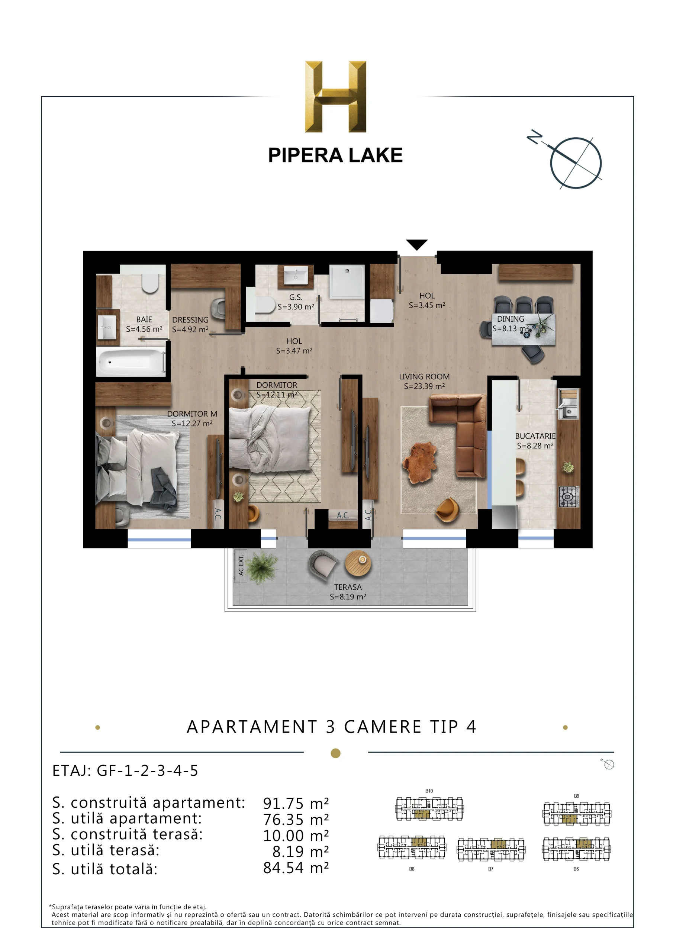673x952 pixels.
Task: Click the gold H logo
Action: pyautogui.click(x=335, y=97)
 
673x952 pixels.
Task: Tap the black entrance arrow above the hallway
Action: pyautogui.click(x=417, y=245)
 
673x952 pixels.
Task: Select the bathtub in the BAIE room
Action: pyautogui.click(x=131, y=362)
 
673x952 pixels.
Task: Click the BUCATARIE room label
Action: pyautogui.click(x=535, y=436)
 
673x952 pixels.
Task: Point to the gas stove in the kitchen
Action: pyautogui.click(x=569, y=496)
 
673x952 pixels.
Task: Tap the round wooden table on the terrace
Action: pyautogui.click(x=358, y=563)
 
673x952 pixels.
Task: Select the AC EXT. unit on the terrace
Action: pyautogui.click(x=241, y=566)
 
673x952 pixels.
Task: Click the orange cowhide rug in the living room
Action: pyautogui.click(x=419, y=462)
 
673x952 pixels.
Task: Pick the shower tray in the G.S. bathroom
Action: pyautogui.click(x=347, y=281)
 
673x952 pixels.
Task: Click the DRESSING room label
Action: pyautogui.click(x=190, y=320)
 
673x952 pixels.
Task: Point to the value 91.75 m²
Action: pyautogui.click(x=296, y=804)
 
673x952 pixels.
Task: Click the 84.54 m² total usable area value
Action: pyautogui.click(x=296, y=868)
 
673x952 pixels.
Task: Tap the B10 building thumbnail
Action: pyautogui.click(x=429, y=808)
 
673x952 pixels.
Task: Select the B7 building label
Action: pyautogui.click(x=490, y=869)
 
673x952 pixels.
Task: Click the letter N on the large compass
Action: pyautogui.click(x=535, y=136)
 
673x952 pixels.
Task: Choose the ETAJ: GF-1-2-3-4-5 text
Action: pyautogui.click(x=125, y=771)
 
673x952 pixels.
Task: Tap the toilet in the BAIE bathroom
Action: pyautogui.click(x=150, y=283)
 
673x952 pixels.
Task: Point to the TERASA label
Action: pyautogui.click(x=348, y=587)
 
